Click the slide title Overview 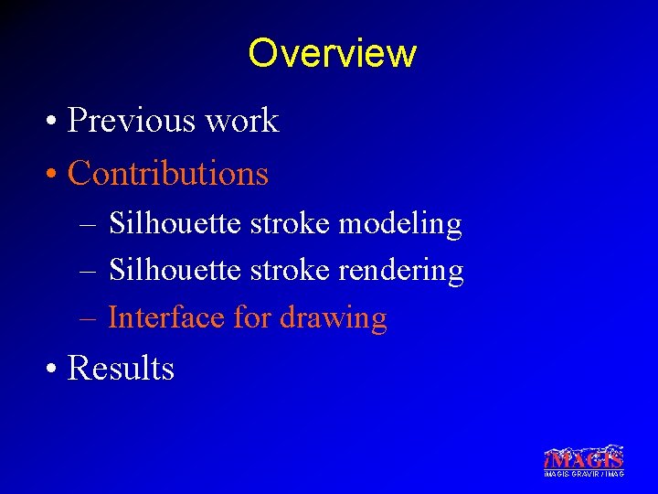[331, 53]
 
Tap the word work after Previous [244, 121]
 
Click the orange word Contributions [168, 173]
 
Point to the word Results [121, 368]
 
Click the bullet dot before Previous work [55, 123]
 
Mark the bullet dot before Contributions [55, 175]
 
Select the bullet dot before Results [55, 370]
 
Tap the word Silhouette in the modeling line [175, 222]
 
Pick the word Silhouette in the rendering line [175, 270]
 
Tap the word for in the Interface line [252, 317]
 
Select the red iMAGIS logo [583, 456]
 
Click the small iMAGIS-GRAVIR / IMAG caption [583, 474]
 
